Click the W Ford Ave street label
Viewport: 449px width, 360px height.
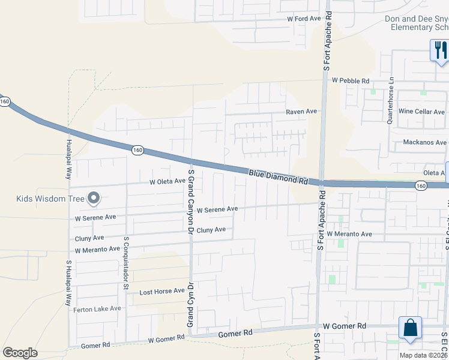tap(304, 19)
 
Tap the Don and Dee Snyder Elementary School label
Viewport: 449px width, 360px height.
tap(417, 23)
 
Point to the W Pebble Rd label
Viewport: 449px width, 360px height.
tap(351, 80)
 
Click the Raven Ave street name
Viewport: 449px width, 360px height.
tap(301, 112)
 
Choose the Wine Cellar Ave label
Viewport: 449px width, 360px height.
tap(421, 112)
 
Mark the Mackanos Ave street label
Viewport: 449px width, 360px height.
tap(424, 143)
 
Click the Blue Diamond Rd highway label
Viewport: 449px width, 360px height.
tap(278, 176)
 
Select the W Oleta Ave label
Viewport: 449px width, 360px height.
tap(167, 181)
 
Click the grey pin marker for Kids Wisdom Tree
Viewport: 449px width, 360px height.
tap(93, 197)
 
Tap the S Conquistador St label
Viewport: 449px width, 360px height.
tap(127, 255)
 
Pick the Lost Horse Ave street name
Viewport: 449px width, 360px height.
tap(162, 292)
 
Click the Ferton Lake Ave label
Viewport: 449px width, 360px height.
tap(97, 309)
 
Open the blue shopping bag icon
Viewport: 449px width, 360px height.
tap(410, 328)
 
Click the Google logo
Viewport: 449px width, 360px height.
tap(20, 353)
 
